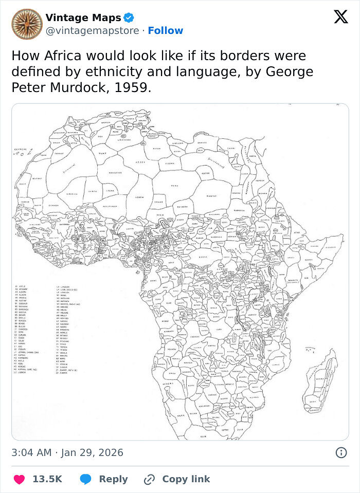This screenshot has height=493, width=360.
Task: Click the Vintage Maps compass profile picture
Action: point(27,24)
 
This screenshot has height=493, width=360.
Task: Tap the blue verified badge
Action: point(129,18)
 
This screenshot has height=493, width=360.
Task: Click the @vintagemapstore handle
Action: point(92,31)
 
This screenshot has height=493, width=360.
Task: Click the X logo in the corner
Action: point(340,17)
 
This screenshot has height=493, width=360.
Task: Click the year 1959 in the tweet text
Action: point(132,87)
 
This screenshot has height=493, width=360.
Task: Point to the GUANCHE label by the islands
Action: point(20,149)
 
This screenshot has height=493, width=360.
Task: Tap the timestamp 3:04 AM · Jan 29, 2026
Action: point(67,452)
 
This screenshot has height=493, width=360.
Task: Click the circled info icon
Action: point(340,452)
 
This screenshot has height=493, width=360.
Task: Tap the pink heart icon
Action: point(19,479)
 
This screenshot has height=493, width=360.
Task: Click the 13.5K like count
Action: point(47,479)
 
